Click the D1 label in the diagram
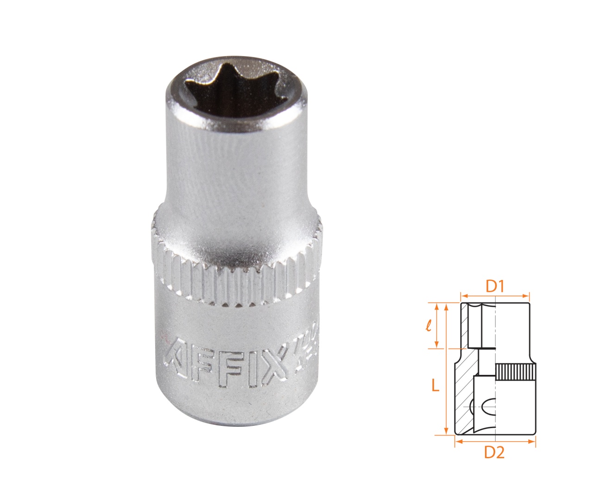point(494,286)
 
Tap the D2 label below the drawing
point(494,452)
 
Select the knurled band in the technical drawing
point(515,373)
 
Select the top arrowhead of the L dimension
point(446,306)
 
